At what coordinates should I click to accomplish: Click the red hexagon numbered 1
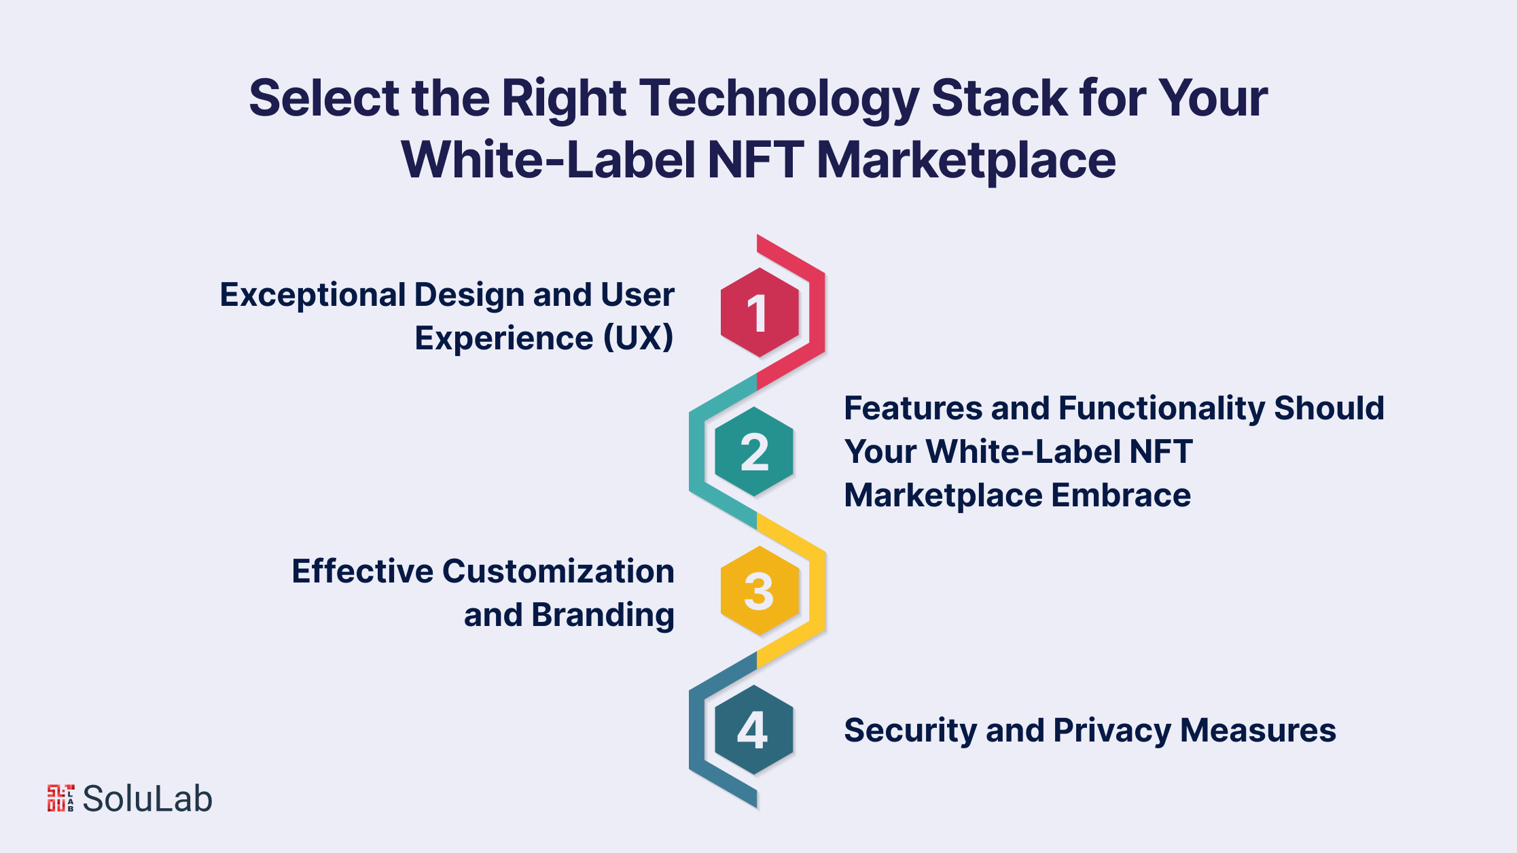click(x=760, y=313)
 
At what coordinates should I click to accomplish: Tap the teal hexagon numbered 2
click(x=754, y=452)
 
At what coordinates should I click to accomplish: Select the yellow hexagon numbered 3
click(x=760, y=591)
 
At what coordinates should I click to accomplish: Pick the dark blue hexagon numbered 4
click(x=754, y=730)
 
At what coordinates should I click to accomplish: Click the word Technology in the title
click(x=779, y=99)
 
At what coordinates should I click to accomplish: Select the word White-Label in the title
click(x=549, y=160)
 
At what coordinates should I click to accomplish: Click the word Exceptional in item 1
click(x=313, y=296)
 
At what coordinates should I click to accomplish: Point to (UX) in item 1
click(x=639, y=338)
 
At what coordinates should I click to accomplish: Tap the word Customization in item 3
click(x=558, y=572)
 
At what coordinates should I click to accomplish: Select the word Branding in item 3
click(x=603, y=616)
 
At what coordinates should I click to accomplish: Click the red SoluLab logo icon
click(x=60, y=798)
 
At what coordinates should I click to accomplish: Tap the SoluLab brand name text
click(x=147, y=799)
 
